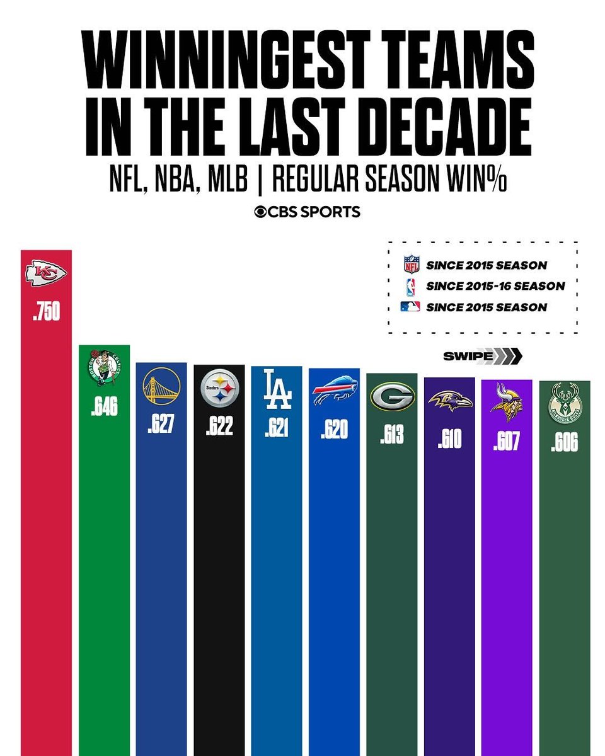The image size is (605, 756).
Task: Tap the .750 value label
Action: [46, 312]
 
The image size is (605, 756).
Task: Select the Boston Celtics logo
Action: [104, 367]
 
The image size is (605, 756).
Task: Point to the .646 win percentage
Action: [104, 408]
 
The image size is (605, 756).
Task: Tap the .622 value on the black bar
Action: [219, 427]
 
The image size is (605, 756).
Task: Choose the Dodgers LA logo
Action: [277, 389]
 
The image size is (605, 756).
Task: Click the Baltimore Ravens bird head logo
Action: [449, 401]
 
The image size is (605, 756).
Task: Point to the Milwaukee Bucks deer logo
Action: [565, 404]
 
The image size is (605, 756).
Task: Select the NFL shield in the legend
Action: [411, 264]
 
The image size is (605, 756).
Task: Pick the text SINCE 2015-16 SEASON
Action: [495, 285]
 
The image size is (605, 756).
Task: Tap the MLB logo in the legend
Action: [411, 307]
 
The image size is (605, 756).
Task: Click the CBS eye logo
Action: [260, 212]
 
